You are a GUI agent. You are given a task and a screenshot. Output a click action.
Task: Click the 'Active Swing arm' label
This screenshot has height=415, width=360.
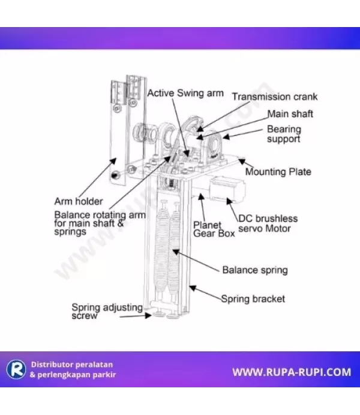[185, 93]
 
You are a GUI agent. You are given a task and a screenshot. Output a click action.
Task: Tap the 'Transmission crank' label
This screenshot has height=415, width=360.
[275, 97]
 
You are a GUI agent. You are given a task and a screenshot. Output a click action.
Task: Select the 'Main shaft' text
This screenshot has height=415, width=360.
[290, 113]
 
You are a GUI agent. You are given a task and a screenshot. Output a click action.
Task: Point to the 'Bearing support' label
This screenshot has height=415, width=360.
[284, 134]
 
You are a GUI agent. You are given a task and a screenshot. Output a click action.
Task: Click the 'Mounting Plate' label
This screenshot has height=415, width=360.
[278, 172]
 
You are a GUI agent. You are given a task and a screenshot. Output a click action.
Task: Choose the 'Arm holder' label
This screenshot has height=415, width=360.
[79, 201]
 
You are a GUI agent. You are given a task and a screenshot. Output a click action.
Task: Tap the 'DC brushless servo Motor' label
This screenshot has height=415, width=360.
[268, 223]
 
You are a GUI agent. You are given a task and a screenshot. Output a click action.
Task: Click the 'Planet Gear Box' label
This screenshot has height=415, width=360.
[214, 229]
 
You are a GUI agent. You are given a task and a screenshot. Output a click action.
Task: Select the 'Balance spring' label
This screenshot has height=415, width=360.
[255, 270]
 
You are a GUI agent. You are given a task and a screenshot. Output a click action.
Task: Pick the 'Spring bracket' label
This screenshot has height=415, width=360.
[253, 298]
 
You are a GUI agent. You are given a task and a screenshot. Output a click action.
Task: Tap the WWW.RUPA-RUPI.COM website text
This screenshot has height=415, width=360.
[292, 372]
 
